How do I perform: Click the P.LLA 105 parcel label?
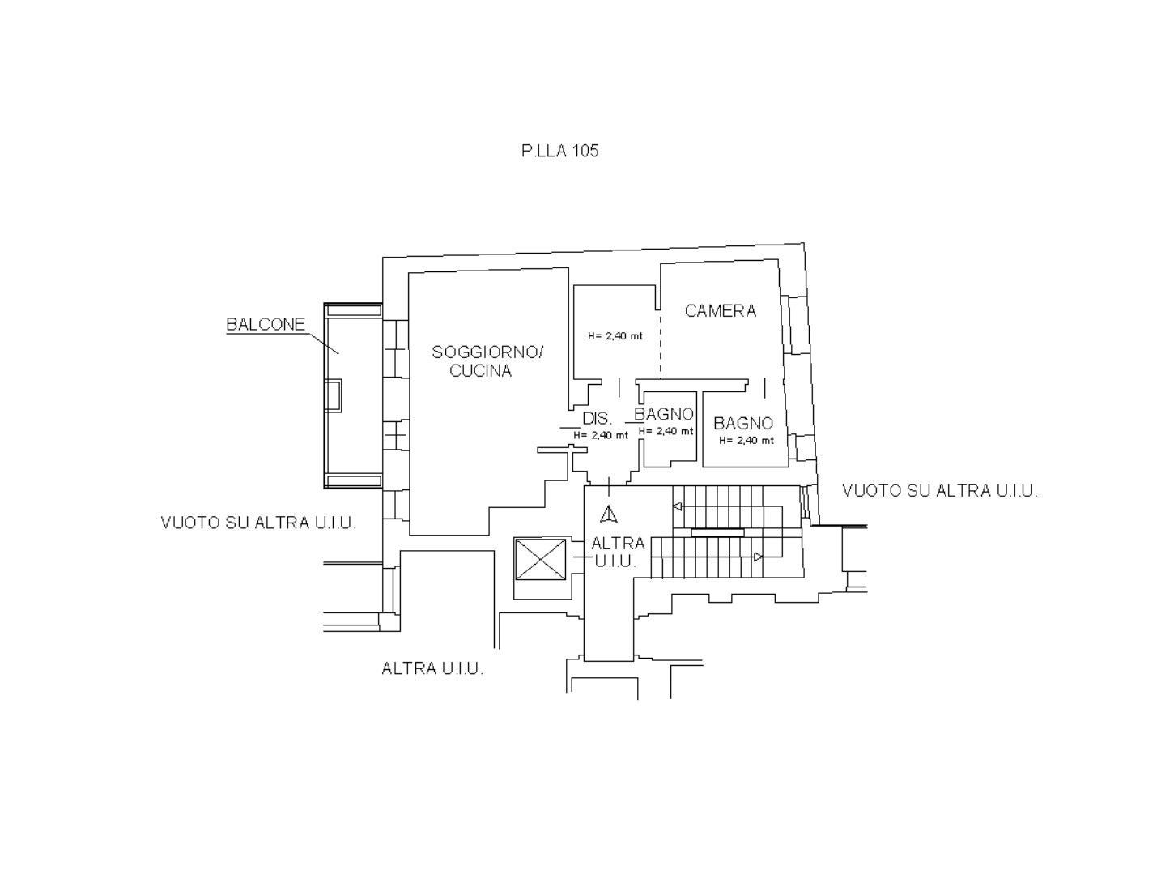tap(560, 151)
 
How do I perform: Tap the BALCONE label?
tap(266, 324)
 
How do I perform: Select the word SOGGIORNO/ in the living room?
tap(487, 352)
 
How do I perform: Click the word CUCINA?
tap(481, 371)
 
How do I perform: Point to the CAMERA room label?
tap(721, 311)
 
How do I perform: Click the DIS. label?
tap(597, 418)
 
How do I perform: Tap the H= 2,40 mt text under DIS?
tap(601, 435)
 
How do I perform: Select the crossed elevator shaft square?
tap(540, 559)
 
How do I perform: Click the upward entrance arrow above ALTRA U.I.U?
tap(609, 514)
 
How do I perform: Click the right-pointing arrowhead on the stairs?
tap(758, 557)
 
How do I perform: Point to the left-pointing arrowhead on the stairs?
tap(677, 507)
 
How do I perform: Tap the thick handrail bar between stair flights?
tap(717, 533)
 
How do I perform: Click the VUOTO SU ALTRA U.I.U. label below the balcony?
tap(258, 523)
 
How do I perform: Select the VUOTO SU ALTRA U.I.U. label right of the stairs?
tap(940, 491)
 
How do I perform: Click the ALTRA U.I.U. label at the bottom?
tap(432, 669)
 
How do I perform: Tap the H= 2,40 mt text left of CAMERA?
tap(615, 336)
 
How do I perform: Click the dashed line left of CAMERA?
tap(660, 348)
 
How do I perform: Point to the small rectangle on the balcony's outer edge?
tap(333, 395)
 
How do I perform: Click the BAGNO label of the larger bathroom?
tap(743, 424)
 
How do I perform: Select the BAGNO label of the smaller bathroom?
tap(664, 414)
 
